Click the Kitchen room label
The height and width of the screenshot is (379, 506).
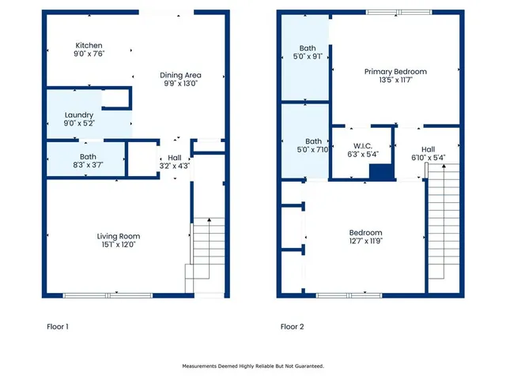click(89, 46)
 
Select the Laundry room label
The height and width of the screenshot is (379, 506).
click(78, 115)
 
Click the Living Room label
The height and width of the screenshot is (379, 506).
click(119, 236)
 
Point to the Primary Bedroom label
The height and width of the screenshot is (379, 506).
click(395, 71)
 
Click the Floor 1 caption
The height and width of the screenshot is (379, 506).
click(56, 326)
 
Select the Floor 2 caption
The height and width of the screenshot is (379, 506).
click(292, 326)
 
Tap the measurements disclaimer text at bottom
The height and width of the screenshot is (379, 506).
click(253, 366)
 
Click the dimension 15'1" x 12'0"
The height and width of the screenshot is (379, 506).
click(119, 245)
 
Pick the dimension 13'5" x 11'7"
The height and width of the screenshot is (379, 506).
click(395, 80)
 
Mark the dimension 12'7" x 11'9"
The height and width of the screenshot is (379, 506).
click(366, 242)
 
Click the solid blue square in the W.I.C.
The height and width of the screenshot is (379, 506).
click(381, 172)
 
